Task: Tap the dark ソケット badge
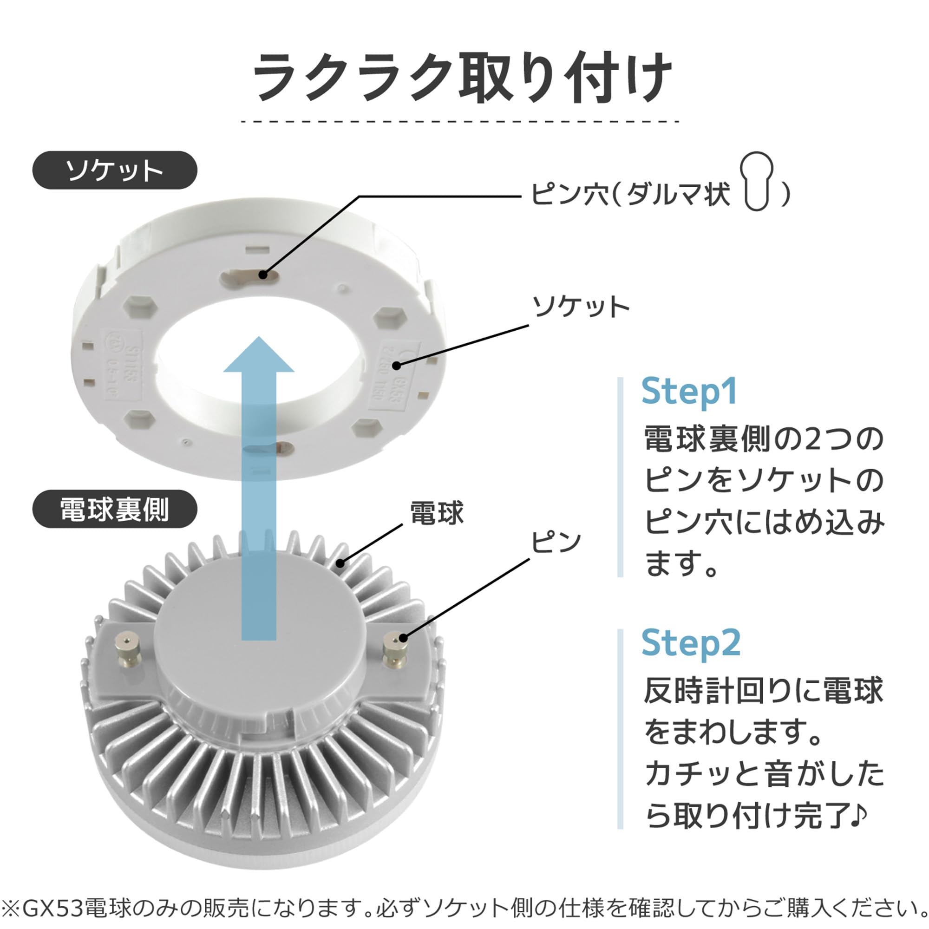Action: pyautogui.click(x=114, y=170)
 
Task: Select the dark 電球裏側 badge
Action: pyautogui.click(x=114, y=509)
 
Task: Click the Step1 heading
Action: pyautogui.click(x=688, y=392)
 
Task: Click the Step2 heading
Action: pyautogui.click(x=691, y=643)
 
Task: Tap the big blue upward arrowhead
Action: pyautogui.click(x=259, y=356)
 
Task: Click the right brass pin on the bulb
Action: pyautogui.click(x=395, y=649)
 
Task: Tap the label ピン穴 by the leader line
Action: pyautogui.click(x=570, y=195)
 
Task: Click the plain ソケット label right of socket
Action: pyautogui.click(x=580, y=307)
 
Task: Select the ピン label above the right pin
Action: pyautogui.click(x=556, y=543)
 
